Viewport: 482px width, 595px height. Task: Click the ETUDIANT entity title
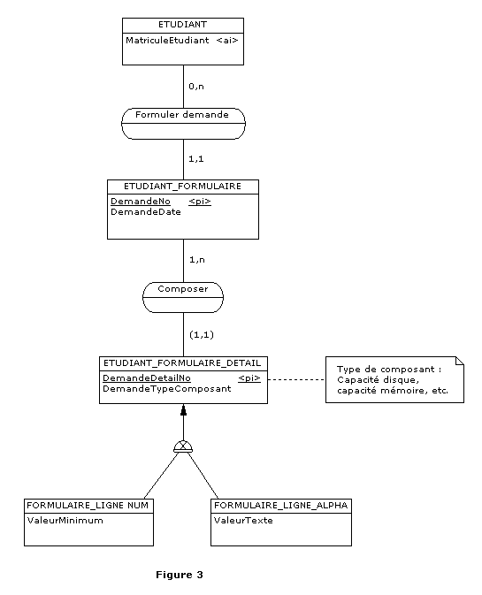182,25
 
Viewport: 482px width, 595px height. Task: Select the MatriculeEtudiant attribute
167,40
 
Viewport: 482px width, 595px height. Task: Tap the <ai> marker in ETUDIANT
227,40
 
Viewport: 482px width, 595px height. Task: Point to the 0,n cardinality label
196,87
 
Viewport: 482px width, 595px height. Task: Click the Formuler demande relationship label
182,115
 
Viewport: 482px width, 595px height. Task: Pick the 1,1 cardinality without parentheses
196,158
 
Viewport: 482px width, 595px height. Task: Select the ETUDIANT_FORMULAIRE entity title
182,187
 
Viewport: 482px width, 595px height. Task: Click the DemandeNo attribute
141,202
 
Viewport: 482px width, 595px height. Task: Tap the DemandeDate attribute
146,212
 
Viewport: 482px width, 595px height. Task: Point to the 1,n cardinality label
197,260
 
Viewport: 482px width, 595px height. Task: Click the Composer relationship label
183,289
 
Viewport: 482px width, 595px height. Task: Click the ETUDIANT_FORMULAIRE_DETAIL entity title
182,363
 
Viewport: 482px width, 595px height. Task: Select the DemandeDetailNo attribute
147,378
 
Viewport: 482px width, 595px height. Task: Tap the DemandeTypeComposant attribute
167,389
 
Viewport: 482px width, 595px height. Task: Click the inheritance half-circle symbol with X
183,446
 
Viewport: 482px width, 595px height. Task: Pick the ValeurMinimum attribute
65,521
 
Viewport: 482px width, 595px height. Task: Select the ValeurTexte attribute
243,521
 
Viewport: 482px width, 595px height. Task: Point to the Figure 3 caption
180,575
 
